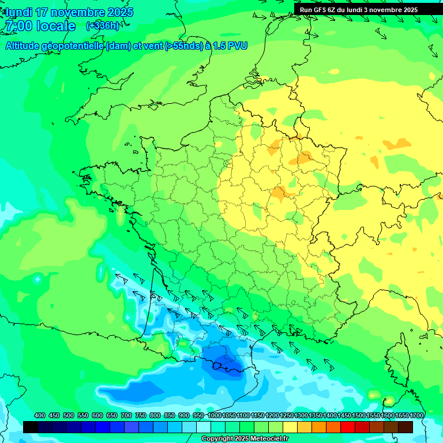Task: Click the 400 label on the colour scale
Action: [40, 415]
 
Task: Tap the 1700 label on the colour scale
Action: [416, 415]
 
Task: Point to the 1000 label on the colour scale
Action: [215, 415]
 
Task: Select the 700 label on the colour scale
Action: [126, 415]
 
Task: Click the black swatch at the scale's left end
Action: [31, 427]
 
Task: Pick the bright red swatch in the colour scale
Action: [348, 427]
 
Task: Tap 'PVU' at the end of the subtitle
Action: [237, 46]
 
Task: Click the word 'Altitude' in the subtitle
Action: [23, 46]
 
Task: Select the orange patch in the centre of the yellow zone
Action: [279, 193]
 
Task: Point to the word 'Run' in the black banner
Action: [306, 10]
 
